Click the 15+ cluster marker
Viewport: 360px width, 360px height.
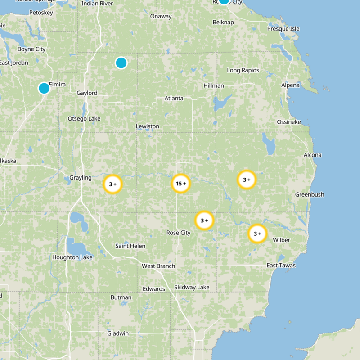click(x=181, y=184)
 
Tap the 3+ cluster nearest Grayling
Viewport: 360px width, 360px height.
click(x=113, y=184)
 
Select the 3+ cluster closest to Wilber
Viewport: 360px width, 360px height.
click(x=258, y=234)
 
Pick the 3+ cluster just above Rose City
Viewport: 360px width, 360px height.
click(x=204, y=220)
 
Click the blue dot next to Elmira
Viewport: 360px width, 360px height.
click(x=44, y=88)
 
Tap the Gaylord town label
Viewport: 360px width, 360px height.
click(x=87, y=93)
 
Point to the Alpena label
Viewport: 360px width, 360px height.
click(x=290, y=85)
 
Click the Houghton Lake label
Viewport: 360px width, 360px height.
click(x=72, y=257)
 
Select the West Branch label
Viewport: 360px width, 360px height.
click(x=158, y=266)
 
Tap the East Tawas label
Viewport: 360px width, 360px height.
click(x=281, y=265)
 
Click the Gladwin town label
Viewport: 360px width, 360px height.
click(x=118, y=333)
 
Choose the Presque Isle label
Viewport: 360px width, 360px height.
click(x=283, y=29)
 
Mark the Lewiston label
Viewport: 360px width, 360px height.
click(x=148, y=126)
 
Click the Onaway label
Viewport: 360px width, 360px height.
click(x=161, y=17)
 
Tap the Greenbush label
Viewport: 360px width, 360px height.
click(x=310, y=194)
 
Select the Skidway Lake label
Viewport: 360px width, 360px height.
click(x=192, y=287)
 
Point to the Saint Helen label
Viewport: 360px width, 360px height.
click(x=130, y=246)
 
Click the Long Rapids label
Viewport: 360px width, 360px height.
click(x=243, y=70)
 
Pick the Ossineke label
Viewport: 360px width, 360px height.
click(x=289, y=122)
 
